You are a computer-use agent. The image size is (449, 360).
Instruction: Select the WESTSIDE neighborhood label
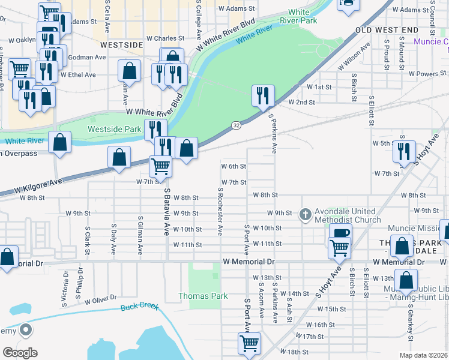(x=122, y=45)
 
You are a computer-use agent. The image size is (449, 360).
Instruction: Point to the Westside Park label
(x=114, y=129)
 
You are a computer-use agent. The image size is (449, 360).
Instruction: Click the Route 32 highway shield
(x=237, y=124)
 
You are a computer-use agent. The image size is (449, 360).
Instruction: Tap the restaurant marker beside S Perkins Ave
(x=263, y=95)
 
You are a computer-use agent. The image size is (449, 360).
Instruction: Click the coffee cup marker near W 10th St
(x=340, y=233)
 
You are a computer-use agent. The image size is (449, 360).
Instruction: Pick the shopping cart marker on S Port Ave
(x=249, y=343)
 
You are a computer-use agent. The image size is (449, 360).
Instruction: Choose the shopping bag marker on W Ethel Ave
(x=129, y=71)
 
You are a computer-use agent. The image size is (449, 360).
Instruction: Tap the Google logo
(x=20, y=353)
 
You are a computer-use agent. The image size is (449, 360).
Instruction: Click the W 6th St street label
(x=234, y=166)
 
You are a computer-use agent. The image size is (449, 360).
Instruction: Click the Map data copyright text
(x=423, y=355)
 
